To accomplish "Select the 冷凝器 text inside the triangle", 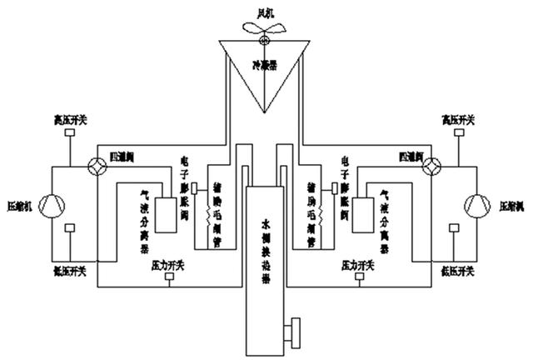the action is coord(265,62).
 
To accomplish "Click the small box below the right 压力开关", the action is coord(360,277).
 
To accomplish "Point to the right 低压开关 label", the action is coord(457,272).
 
